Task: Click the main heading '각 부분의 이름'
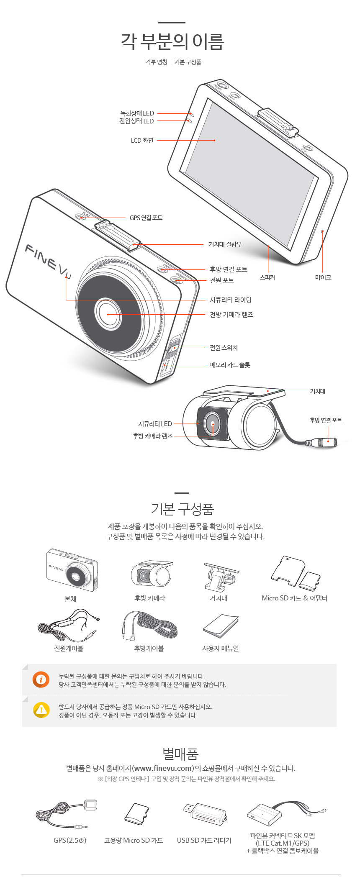point(173,41)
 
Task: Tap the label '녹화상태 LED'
point(137,113)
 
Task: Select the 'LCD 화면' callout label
point(142,141)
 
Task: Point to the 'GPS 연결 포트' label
point(146,218)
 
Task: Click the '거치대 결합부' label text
point(225,244)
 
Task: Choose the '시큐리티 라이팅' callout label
point(231,300)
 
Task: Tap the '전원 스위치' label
point(224,348)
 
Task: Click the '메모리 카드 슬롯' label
point(230,365)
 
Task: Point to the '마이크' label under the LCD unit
point(323,277)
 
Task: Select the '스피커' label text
point(267,277)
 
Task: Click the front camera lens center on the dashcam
point(108,313)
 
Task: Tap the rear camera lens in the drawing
point(212,424)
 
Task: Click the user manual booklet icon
point(221,626)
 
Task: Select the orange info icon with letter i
point(41,680)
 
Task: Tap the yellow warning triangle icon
point(41,710)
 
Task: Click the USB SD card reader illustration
point(205,814)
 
